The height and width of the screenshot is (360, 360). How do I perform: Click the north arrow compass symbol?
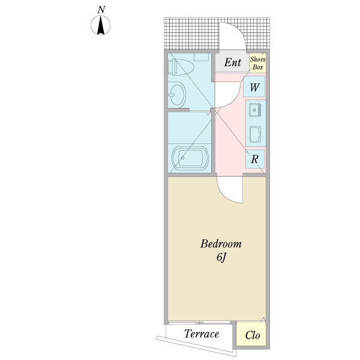point(101,26)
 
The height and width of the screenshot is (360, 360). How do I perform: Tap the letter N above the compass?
point(101,10)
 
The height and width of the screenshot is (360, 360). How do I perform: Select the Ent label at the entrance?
point(233,62)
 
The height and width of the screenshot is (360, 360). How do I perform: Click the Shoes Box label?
point(257,64)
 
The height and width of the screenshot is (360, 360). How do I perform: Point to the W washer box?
point(254,88)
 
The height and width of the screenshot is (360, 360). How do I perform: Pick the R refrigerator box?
point(254,159)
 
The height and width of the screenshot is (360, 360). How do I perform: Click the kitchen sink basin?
point(255,110)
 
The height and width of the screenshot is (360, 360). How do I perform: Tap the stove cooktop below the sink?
point(255,134)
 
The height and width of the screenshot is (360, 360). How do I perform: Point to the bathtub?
point(190,159)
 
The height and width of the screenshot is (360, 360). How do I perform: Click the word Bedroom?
point(221,244)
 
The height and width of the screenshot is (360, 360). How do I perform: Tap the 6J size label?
point(220,257)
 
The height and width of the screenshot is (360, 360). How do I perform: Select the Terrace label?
point(201,334)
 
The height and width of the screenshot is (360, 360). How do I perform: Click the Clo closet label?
point(253,335)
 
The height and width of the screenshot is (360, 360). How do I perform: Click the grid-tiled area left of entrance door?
point(191,35)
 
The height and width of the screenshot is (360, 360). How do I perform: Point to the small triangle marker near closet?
point(263,319)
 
